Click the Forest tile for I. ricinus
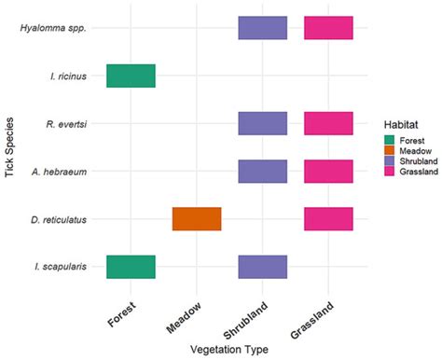(x=131, y=76)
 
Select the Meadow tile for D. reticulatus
(x=197, y=218)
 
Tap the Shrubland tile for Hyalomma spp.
(x=262, y=28)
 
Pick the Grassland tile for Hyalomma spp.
(x=328, y=28)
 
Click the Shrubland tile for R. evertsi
(x=262, y=123)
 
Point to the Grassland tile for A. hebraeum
(x=328, y=171)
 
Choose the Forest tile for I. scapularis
(x=131, y=266)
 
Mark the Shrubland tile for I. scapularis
(x=262, y=266)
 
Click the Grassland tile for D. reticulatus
(x=328, y=218)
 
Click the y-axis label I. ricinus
(x=69, y=76)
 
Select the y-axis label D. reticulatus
(x=62, y=218)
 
